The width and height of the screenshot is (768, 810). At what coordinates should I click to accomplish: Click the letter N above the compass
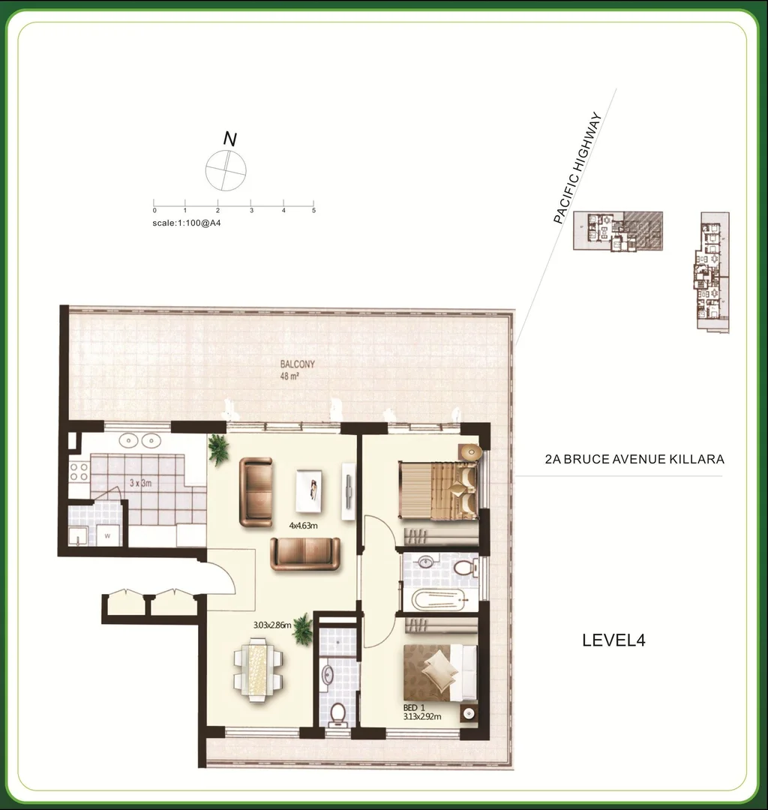coord(230,139)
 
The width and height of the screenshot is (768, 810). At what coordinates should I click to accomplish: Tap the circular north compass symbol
coord(226,170)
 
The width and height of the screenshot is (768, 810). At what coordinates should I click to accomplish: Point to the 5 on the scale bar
coord(313,211)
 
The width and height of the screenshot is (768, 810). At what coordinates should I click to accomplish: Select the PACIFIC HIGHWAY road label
coord(577,169)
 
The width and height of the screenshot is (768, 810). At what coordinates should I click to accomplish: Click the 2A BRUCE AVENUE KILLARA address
coord(634,459)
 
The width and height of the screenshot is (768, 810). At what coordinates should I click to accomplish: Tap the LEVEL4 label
coord(614,640)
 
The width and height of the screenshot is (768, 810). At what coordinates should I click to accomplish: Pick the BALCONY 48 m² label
coord(297,370)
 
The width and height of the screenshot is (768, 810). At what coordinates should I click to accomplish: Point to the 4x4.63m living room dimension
coord(303,526)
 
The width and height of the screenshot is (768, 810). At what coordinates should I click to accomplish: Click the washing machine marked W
coord(108,535)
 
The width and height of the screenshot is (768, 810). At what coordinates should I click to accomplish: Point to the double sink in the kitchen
coord(141,440)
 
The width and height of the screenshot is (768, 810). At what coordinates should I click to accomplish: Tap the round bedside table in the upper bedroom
coord(469,452)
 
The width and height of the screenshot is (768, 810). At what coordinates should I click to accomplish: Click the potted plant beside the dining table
coord(303,629)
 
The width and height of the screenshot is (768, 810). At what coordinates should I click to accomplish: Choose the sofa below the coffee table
coord(305,553)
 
